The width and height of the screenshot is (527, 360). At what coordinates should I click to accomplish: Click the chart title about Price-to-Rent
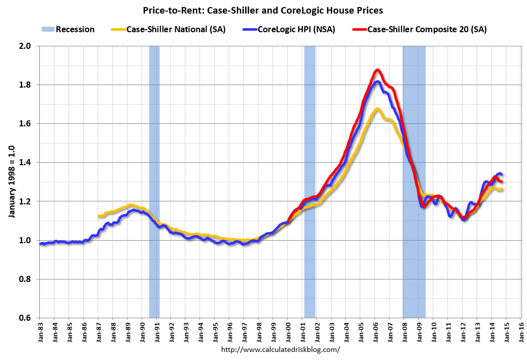(263, 9)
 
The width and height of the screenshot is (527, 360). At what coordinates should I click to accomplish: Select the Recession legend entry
(75, 29)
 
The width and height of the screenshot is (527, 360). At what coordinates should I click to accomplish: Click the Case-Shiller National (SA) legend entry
(176, 29)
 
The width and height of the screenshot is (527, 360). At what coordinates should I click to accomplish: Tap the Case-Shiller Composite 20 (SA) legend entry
(427, 29)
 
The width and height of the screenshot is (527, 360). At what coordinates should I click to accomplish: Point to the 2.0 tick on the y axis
(25, 46)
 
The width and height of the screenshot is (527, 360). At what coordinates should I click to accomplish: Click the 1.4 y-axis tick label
(25, 162)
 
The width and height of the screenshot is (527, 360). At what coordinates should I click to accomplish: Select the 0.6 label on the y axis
(25, 318)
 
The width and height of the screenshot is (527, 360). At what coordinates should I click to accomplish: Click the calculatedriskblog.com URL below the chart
(281, 349)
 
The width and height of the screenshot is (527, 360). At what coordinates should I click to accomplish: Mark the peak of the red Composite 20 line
(377, 70)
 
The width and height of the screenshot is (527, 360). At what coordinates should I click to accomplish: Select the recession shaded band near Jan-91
(154, 181)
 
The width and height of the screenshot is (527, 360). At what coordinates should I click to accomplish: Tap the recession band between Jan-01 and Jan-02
(309, 181)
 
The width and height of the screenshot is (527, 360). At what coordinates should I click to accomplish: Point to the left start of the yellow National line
(99, 216)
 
